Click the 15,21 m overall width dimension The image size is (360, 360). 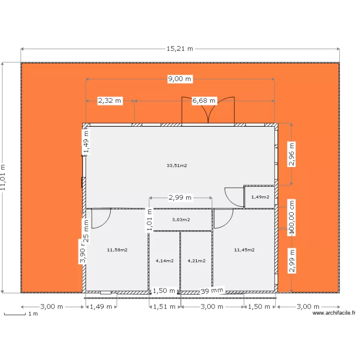click(180, 48)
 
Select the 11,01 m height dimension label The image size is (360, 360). click(4, 178)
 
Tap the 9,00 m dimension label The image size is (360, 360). click(180, 79)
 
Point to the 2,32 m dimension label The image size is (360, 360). click(110, 101)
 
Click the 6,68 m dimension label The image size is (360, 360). click(204, 101)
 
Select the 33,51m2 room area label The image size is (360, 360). click(177, 166)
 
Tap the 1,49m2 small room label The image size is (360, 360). click(260, 197)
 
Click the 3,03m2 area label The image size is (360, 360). click(181, 220)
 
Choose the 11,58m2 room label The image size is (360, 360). click(117, 250)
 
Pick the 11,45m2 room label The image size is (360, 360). click(244, 250)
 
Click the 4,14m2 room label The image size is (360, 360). click(165, 261)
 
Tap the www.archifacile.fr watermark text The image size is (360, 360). click(334, 313)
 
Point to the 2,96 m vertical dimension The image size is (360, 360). click(291, 154)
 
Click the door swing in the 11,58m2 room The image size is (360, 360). click(100, 218)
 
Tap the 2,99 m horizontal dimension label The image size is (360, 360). click(180, 197)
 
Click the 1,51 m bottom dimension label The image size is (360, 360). click(164, 307)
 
